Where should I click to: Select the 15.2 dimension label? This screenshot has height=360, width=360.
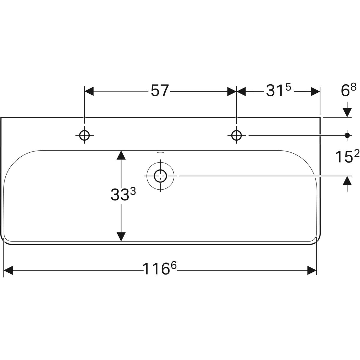point(347,156)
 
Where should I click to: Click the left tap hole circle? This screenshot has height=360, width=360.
point(85,135)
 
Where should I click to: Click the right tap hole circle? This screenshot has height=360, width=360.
point(237,135)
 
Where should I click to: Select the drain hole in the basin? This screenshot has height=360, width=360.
point(160,176)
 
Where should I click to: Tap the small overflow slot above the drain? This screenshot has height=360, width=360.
point(160,152)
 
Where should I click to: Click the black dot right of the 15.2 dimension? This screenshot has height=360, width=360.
point(347,135)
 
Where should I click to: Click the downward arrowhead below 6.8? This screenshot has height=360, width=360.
point(347,112)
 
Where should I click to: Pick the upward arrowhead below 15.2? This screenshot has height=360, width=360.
point(347,181)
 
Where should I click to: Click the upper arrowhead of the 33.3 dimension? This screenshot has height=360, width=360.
point(121,155)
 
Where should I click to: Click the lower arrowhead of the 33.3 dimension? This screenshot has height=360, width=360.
point(121,236)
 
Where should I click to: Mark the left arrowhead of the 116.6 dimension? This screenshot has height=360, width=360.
point(8,270)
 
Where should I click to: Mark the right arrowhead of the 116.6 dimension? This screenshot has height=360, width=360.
point(312,270)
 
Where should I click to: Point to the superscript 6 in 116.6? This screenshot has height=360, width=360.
point(173,265)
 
